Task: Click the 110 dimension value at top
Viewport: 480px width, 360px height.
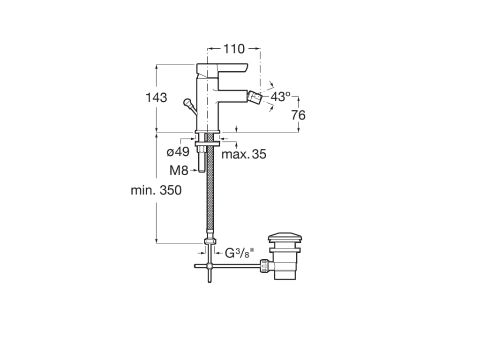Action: click(233, 48)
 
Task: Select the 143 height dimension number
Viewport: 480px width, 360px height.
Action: click(156, 97)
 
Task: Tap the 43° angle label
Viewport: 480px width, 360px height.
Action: click(281, 97)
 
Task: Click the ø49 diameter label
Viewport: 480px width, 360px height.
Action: click(178, 152)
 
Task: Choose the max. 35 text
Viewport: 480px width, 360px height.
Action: click(244, 154)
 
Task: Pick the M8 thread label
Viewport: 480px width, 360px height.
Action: click(179, 171)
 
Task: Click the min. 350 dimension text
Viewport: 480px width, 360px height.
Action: click(156, 190)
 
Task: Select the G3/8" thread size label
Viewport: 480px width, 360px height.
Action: click(239, 253)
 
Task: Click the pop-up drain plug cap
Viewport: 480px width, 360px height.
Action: click(285, 237)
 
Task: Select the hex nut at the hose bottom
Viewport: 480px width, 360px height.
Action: click(210, 242)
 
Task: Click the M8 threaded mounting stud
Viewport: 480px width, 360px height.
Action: click(201, 160)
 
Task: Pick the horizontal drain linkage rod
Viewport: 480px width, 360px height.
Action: click(234, 266)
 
